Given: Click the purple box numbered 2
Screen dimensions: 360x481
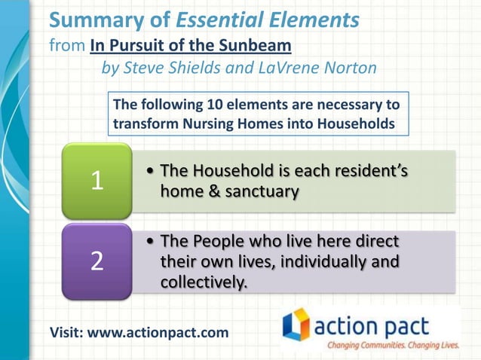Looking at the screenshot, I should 96,261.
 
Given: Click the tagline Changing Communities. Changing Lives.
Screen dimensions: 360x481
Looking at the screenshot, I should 392,345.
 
